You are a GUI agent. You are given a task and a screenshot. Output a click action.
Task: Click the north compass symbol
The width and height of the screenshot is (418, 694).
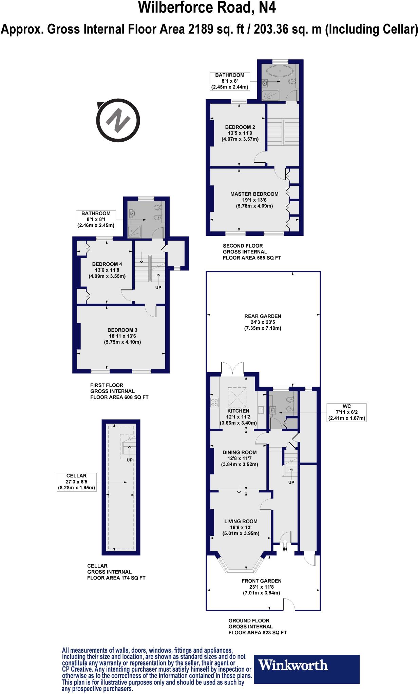[x=118, y=121]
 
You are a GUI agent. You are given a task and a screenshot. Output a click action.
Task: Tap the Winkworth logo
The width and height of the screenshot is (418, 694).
[x=293, y=665]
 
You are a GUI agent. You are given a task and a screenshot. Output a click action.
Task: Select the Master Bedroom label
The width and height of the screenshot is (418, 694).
[x=254, y=194]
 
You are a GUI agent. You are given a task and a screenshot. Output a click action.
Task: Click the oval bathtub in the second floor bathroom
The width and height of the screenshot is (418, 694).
[x=280, y=72]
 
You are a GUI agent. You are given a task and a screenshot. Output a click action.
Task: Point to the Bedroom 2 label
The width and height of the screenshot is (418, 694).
[x=240, y=127]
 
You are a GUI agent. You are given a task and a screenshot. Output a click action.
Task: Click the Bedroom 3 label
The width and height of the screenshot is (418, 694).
[x=122, y=330]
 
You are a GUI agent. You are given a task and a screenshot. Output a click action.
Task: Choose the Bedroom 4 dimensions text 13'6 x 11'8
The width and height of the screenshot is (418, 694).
[x=107, y=270]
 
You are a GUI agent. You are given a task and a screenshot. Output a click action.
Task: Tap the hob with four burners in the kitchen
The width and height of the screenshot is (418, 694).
[x=215, y=403]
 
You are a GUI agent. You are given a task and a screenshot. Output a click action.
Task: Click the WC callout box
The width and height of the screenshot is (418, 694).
[x=346, y=412]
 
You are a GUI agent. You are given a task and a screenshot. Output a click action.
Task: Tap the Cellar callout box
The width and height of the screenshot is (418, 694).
[x=76, y=482]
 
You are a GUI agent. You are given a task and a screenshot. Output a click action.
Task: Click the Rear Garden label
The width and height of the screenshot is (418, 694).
[x=263, y=316]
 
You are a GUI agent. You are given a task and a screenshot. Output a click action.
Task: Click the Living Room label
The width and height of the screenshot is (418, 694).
[x=241, y=522]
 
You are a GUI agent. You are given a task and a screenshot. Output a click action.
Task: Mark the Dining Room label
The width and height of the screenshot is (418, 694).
[x=240, y=452]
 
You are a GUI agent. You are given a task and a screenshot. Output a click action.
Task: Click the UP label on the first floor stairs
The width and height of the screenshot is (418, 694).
[x=158, y=288]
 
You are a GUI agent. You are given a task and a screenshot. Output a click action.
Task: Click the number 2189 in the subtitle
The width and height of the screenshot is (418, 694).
[x=201, y=29]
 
